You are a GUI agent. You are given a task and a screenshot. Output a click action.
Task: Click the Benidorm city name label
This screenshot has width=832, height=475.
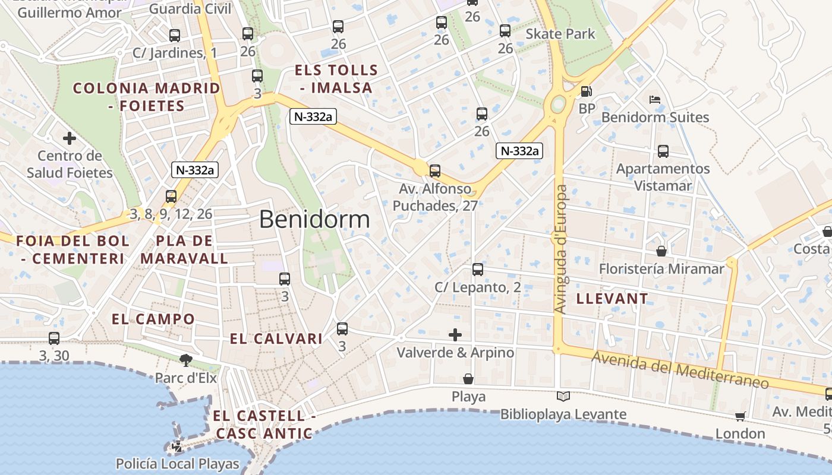(314, 220)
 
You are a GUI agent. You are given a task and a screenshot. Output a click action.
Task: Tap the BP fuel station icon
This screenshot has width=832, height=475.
(586, 91)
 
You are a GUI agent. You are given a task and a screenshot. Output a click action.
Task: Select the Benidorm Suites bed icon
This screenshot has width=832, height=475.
(655, 100)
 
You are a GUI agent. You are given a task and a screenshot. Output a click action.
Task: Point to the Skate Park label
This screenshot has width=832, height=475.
(560, 34)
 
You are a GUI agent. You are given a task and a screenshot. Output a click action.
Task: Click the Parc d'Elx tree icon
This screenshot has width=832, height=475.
(186, 359)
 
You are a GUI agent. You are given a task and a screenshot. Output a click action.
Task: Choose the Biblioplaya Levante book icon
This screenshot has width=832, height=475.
(563, 396)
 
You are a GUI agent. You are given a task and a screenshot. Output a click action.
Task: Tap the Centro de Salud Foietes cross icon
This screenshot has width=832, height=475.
(70, 138)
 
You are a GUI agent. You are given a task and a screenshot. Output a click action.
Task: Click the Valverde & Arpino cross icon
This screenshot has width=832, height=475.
(455, 335)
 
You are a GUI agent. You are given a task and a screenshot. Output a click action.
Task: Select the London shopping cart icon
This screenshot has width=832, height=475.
(740, 416)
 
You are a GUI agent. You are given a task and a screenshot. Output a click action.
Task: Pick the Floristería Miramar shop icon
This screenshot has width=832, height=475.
(661, 251)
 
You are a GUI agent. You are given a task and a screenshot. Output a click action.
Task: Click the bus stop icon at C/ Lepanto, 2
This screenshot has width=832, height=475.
(478, 270)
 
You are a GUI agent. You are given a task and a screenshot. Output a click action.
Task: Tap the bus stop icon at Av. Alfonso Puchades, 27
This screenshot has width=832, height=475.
(435, 171)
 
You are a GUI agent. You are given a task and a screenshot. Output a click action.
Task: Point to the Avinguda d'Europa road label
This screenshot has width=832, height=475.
(560, 249)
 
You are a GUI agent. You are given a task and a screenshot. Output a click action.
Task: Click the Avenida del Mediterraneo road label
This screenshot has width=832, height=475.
(680, 369)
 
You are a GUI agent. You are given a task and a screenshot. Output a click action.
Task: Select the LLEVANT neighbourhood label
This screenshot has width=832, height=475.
(612, 299)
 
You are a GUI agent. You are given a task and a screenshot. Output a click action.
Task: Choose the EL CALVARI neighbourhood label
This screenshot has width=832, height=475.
(276, 339)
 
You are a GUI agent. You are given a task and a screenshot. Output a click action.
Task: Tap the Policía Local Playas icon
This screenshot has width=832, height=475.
(177, 446)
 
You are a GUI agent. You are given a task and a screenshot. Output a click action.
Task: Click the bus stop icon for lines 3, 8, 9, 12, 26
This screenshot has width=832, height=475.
(171, 196)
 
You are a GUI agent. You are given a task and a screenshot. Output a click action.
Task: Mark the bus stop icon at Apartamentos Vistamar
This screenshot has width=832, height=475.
(663, 151)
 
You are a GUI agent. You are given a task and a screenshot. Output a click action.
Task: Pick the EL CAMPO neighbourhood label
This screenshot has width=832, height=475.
(153, 319)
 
